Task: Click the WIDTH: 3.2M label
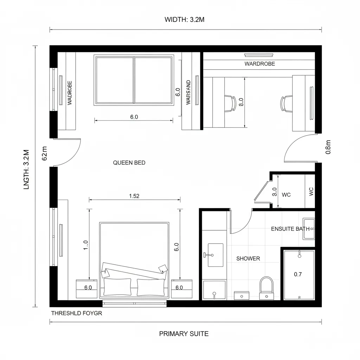(184, 20)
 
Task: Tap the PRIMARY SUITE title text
(184, 334)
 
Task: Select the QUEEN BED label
(129, 163)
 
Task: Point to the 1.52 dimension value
(134, 196)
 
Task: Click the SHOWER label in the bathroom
(248, 258)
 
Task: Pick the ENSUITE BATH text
(290, 229)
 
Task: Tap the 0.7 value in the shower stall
(298, 274)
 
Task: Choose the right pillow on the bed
(151, 287)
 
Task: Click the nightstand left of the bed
(86, 289)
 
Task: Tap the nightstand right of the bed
(182, 289)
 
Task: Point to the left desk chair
(230, 103)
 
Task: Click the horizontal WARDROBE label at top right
(259, 64)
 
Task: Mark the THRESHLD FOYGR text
(77, 313)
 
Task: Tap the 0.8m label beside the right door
(328, 147)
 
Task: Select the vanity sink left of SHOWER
(215, 255)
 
